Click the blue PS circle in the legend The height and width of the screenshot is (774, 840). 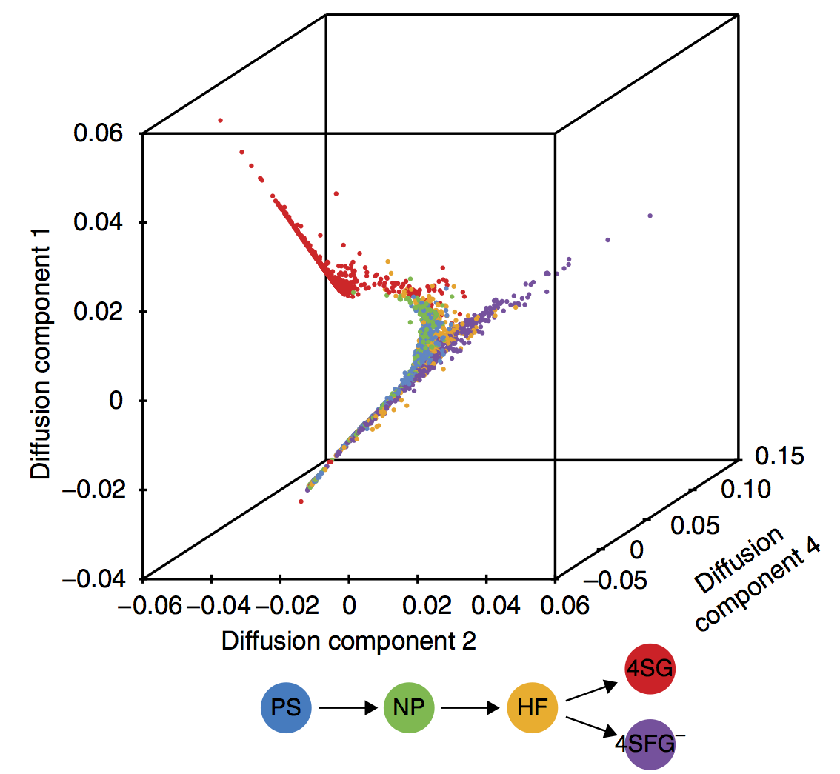click(x=286, y=708)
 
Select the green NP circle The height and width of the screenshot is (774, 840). click(x=408, y=708)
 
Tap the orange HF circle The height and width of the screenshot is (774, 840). click(x=531, y=708)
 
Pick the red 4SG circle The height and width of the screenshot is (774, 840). click(x=649, y=670)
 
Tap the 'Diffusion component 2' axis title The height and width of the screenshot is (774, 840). click(x=349, y=641)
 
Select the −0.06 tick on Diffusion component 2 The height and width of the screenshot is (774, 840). click(x=155, y=607)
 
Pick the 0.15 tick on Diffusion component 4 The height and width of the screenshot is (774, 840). click(x=777, y=457)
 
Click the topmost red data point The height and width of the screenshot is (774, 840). click(x=220, y=120)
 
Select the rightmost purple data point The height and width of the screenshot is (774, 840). click(x=650, y=216)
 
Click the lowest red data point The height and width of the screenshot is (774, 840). click(x=301, y=501)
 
